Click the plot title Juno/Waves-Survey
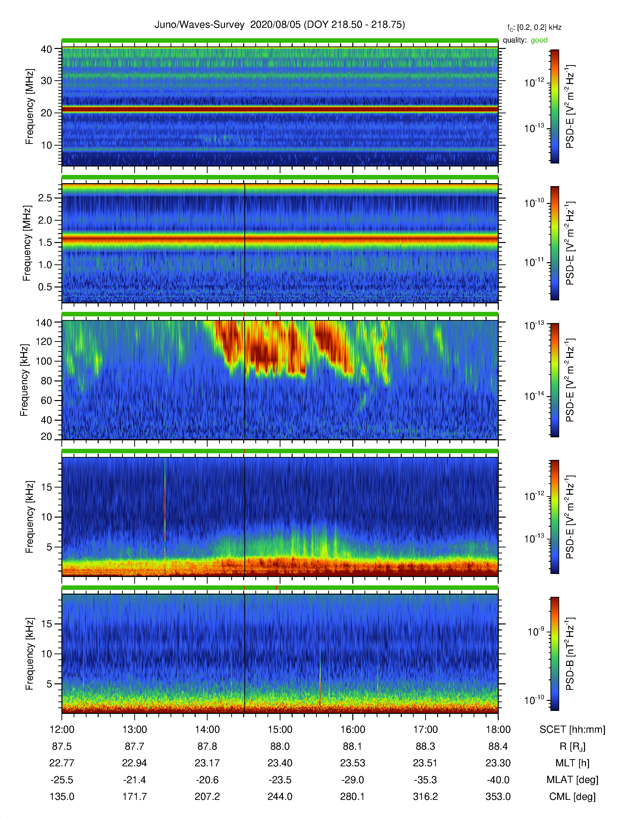click(199, 25)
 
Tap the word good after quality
click(539, 40)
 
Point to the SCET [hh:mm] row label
click(572, 730)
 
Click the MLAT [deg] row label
click(572, 780)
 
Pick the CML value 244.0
click(280, 796)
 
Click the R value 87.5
click(62, 746)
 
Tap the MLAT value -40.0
click(498, 780)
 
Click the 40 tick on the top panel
click(46, 49)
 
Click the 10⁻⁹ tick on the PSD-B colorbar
click(536, 631)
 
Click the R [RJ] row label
click(572, 746)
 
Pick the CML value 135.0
click(62, 796)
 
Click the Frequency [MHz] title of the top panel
click(29, 107)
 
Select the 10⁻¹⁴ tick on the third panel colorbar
click(535, 396)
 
